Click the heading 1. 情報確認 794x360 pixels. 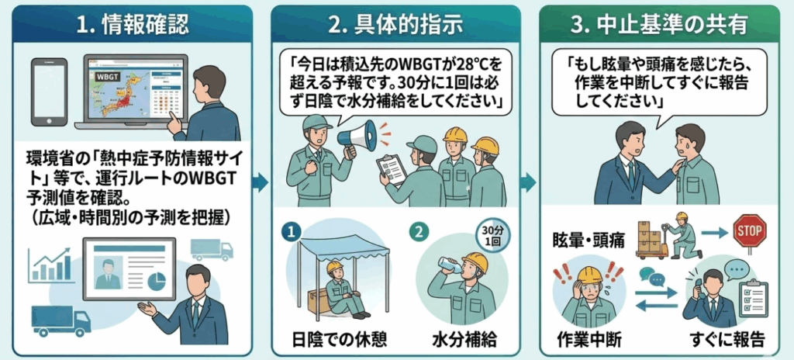(x=133, y=25)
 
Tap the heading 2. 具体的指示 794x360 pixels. (x=395, y=25)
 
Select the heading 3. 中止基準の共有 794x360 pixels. (x=659, y=25)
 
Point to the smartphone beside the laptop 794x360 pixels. (x=49, y=92)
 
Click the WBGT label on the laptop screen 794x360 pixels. (x=105, y=77)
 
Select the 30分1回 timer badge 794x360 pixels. (x=489, y=234)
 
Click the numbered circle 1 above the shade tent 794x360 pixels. (x=292, y=232)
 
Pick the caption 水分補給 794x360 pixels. (x=464, y=339)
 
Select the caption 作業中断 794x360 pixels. (x=590, y=339)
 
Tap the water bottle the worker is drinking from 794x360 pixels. (x=450, y=265)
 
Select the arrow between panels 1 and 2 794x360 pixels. (x=261, y=183)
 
